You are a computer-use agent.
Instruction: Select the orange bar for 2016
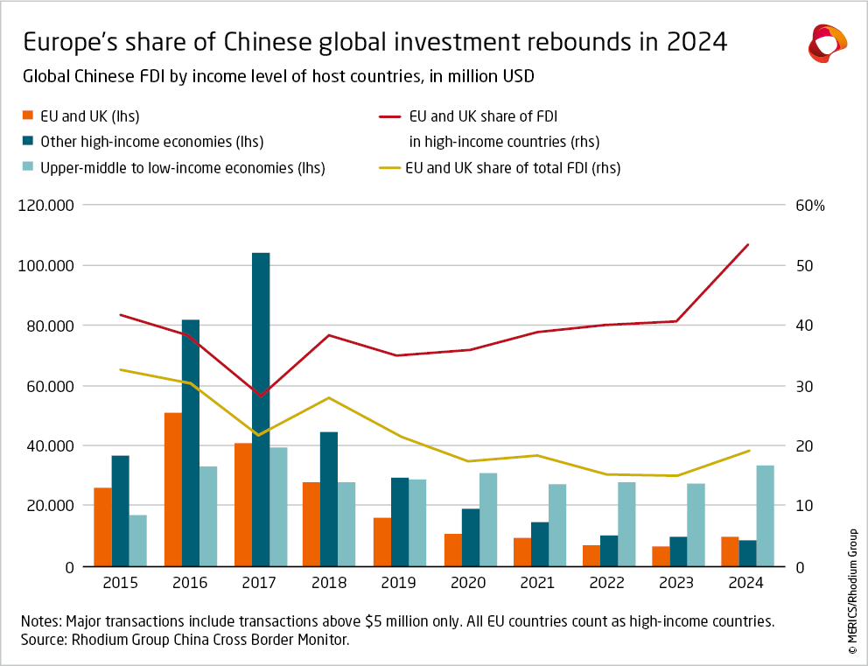click(x=173, y=489)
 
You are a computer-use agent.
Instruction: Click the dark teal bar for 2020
click(x=471, y=537)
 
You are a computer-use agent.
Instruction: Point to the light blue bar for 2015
click(x=138, y=540)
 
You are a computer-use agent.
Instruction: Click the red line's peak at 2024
click(x=747, y=245)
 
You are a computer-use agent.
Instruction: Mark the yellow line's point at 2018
click(x=329, y=398)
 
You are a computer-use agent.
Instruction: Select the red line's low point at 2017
click(x=260, y=396)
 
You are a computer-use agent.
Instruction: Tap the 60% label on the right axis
click(x=810, y=206)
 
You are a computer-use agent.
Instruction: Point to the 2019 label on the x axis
click(x=398, y=583)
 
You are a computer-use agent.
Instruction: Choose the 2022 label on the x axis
click(x=608, y=583)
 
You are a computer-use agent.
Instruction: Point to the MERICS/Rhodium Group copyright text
click(x=851, y=591)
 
